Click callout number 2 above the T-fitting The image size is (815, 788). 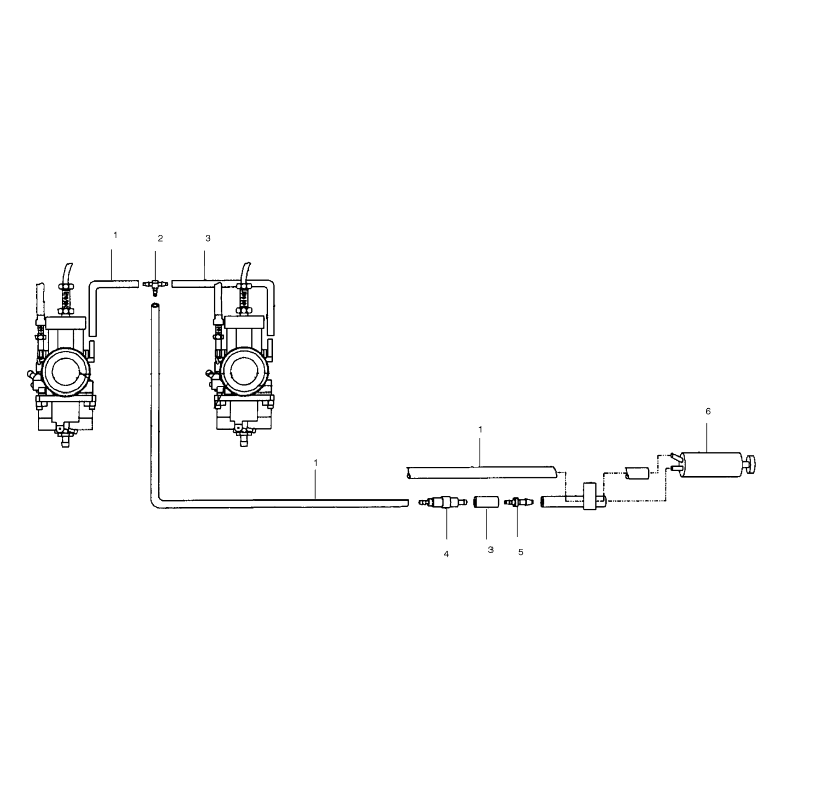[160, 238]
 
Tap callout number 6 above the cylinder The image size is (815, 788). [708, 411]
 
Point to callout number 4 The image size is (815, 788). [446, 554]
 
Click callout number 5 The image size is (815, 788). [520, 552]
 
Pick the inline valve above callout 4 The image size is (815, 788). [443, 502]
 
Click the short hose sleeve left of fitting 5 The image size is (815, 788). [486, 502]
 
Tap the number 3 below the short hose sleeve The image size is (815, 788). [491, 550]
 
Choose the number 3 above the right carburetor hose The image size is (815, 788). [208, 238]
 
